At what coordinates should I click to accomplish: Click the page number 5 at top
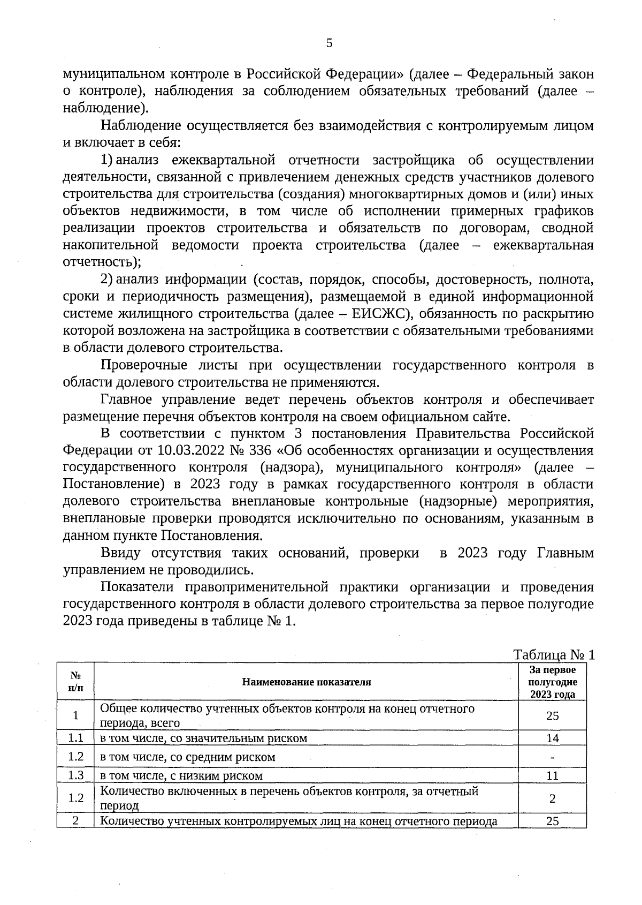click(x=329, y=43)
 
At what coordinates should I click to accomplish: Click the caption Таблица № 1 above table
click(x=554, y=655)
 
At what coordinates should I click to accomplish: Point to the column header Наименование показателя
click(x=306, y=682)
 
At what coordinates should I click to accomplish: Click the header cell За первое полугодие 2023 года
click(x=552, y=682)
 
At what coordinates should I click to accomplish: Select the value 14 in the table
click(x=552, y=738)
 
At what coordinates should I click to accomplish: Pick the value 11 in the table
click(x=552, y=775)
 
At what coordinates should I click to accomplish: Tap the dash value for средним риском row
click(x=552, y=758)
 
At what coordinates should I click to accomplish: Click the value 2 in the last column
click(x=552, y=798)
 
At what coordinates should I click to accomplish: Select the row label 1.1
click(x=75, y=738)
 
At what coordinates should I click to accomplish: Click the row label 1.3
click(x=75, y=775)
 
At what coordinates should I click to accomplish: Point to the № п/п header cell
click(x=75, y=682)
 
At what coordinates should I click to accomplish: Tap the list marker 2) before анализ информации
click(x=106, y=280)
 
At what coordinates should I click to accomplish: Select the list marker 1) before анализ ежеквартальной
click(x=106, y=160)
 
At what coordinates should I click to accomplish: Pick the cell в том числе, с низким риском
click(x=182, y=775)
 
